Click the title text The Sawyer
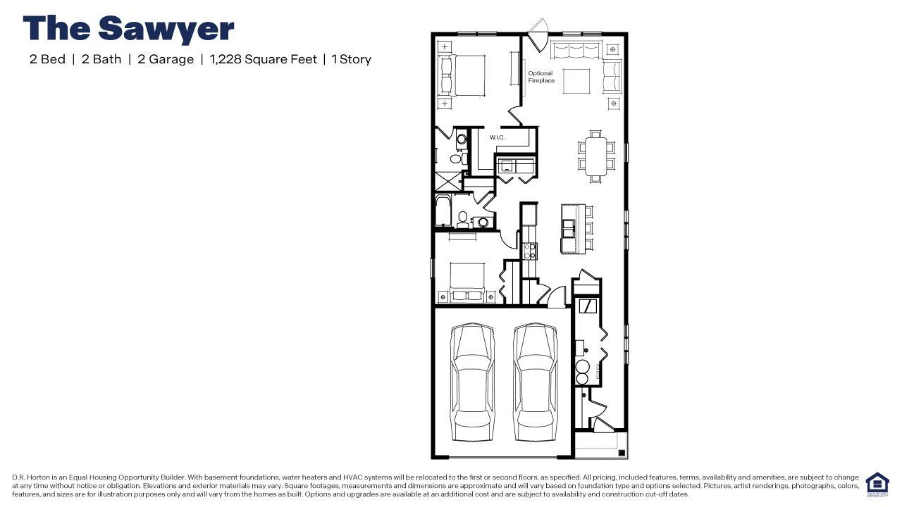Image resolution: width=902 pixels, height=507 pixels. coord(128,29)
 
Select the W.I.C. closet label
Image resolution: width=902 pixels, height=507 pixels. coord(498,137)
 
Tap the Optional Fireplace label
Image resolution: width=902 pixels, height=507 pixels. coord(541,77)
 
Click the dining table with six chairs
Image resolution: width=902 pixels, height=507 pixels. coord(596,156)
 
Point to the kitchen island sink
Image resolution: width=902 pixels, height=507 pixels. coord(568,227)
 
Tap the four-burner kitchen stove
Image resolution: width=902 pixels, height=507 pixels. coord(530,251)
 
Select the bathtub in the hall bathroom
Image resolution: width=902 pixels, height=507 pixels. coord(443,211)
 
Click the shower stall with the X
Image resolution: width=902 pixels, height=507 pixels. coord(447,181)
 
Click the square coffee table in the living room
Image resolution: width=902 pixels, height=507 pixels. coord(575,81)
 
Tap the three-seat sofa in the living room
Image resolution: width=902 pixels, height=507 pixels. coord(575,51)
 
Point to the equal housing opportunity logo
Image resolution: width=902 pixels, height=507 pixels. coord(877,484)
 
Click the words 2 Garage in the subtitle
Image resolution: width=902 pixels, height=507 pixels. coord(166,59)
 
